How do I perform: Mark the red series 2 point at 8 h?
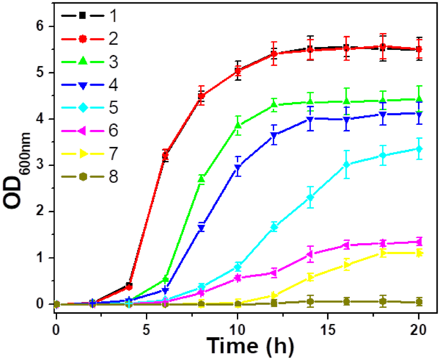[x=201, y=96]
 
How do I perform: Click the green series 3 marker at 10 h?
[x=238, y=126]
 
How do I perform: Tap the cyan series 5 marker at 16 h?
[x=346, y=165]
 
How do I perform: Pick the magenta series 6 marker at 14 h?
[x=310, y=254]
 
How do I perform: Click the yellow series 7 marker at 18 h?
[x=383, y=253]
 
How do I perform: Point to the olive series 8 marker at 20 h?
[x=419, y=302]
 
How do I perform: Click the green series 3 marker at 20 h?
[x=419, y=99]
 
